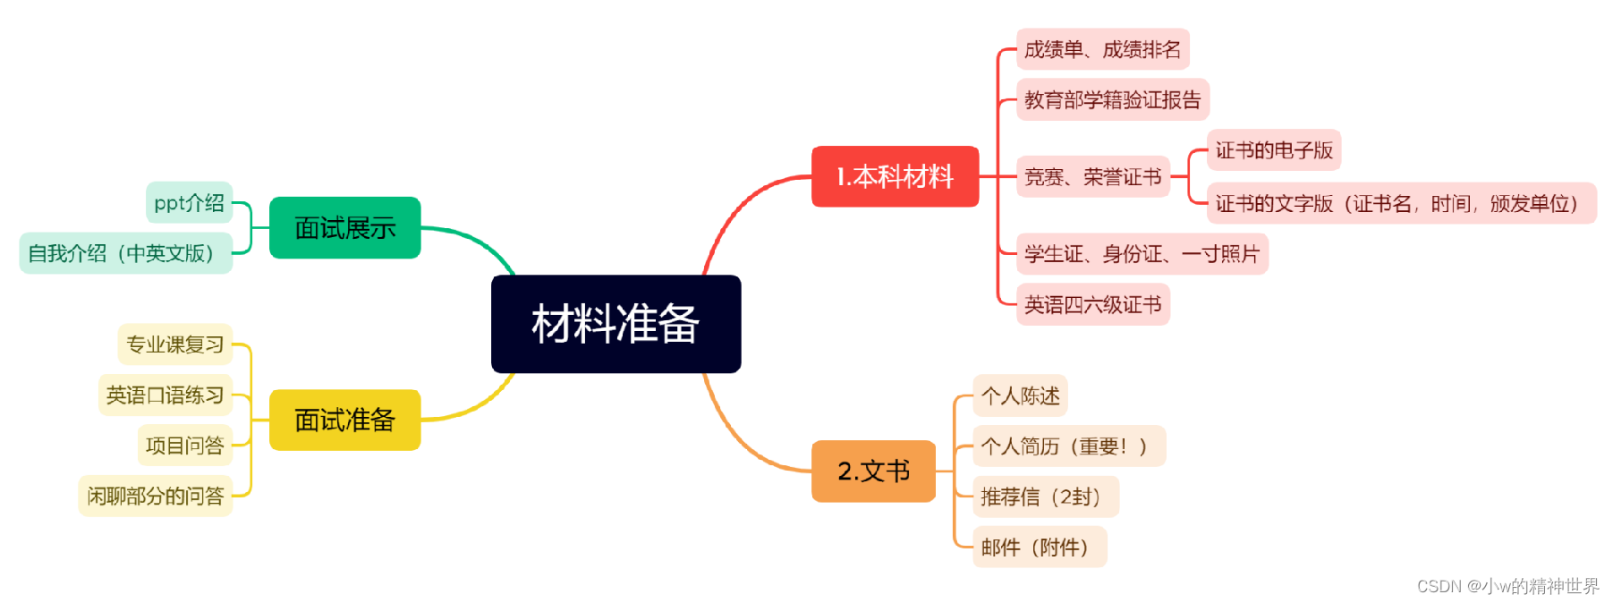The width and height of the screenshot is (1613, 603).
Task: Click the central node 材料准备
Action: pos(615,324)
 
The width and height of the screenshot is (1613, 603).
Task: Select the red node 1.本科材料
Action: pos(895,176)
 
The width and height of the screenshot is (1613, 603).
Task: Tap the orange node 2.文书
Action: pos(873,471)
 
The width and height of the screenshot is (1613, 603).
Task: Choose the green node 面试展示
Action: pos(344,228)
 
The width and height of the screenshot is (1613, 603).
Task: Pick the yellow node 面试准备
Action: pos(344,420)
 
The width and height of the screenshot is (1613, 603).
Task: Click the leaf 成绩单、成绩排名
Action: pos(1102,49)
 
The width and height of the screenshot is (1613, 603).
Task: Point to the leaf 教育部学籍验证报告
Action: pos(1112,99)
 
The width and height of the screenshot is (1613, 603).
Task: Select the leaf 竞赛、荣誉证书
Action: pos(1092,176)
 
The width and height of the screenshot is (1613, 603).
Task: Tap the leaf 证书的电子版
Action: pos(1273,150)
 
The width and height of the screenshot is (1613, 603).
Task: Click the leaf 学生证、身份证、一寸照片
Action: pos(1142,254)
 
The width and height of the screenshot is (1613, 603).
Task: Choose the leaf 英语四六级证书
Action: pos(1092,305)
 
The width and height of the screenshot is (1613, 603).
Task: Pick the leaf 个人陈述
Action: pos(1020,395)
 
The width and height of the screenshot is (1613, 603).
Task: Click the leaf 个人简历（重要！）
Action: pos(1068,446)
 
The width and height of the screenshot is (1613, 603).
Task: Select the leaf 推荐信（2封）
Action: pos(1045,497)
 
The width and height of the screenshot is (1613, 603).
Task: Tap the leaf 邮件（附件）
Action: pos(1039,547)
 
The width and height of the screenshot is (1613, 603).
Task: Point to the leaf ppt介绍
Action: pos(189,203)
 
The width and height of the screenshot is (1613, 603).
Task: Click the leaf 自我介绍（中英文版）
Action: pos(125,253)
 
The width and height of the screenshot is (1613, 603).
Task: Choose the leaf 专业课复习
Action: pos(174,344)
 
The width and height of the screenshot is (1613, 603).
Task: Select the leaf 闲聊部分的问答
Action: pos(155,496)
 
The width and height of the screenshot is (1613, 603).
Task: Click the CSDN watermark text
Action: pos(1507,586)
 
